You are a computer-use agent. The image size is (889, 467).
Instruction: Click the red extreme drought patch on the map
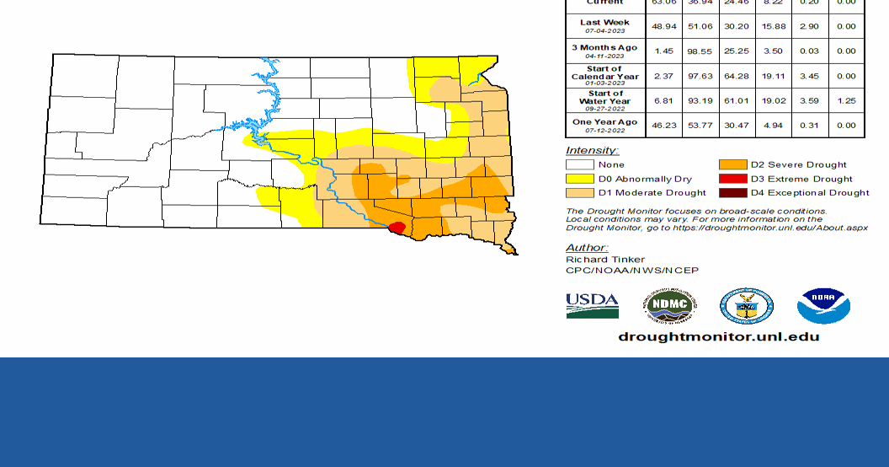click(397, 228)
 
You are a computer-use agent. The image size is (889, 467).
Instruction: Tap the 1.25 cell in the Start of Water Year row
click(845, 101)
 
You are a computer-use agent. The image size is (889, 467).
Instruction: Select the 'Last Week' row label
click(604, 22)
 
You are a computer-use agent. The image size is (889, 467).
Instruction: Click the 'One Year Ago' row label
click(604, 122)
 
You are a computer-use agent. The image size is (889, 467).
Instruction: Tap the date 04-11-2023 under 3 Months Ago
click(604, 56)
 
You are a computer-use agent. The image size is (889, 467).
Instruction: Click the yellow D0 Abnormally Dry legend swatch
click(579, 179)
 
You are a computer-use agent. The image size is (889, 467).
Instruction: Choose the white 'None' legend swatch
click(579, 164)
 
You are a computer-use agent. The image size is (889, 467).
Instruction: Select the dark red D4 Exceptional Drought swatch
click(732, 193)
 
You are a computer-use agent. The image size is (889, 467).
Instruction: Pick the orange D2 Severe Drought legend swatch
click(732, 164)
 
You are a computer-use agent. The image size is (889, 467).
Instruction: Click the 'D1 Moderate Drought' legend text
click(652, 193)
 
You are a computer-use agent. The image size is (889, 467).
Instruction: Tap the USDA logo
click(592, 305)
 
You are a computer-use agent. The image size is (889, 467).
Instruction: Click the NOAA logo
click(823, 306)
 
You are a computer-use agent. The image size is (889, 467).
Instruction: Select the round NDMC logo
click(670, 306)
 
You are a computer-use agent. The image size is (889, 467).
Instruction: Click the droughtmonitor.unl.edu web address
click(718, 337)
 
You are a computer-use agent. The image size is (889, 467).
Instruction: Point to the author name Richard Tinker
click(605, 260)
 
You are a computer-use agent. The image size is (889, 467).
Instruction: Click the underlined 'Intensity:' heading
click(592, 150)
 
